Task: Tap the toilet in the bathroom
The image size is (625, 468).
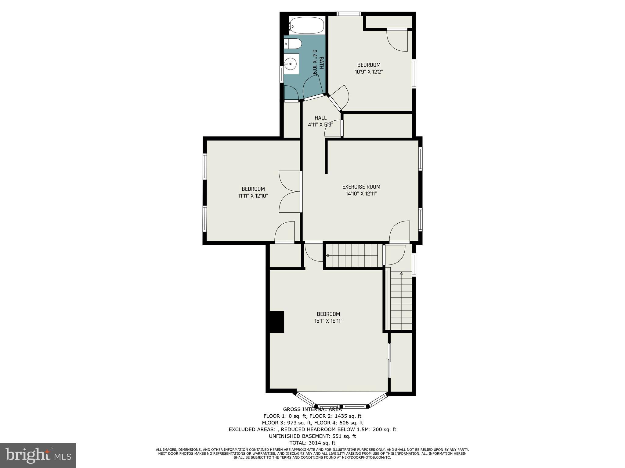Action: click(293, 44)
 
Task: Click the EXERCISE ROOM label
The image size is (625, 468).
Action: click(361, 187)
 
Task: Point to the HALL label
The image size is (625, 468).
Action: click(320, 118)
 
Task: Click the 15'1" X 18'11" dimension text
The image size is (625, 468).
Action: click(328, 321)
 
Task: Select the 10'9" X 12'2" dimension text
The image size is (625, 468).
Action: click(369, 72)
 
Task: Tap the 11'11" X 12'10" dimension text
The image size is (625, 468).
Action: click(253, 196)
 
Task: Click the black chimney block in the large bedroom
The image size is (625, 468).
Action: click(277, 322)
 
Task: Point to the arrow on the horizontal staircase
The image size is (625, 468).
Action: click(327, 255)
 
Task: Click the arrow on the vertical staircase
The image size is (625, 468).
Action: click(401, 273)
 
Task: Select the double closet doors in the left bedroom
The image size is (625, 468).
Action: click(289, 192)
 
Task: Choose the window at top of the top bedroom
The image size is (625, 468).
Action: click(349, 14)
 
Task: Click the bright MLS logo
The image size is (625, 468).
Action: click(38, 456)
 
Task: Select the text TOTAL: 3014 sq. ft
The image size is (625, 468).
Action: click(312, 443)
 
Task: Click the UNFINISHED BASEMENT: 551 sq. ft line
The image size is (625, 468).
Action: click(312, 436)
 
